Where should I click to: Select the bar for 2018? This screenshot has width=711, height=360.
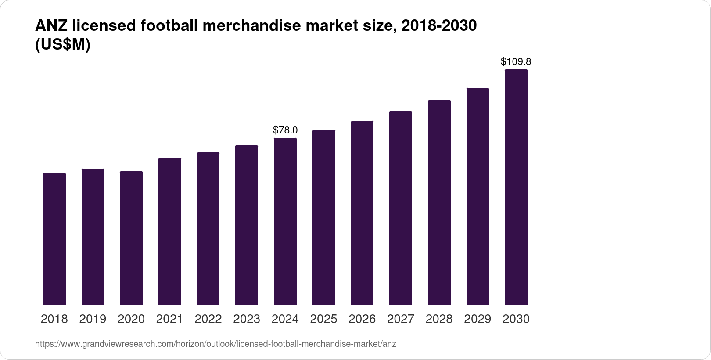click(54, 239)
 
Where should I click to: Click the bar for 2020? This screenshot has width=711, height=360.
click(131, 238)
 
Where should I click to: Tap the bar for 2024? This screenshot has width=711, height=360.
click(285, 221)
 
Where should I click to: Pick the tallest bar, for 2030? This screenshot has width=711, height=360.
click(516, 187)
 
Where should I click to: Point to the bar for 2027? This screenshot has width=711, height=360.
click(401, 208)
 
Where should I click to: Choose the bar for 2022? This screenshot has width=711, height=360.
click(208, 228)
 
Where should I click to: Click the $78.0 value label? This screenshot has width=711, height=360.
click(285, 130)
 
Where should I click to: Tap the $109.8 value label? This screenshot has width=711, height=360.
click(516, 62)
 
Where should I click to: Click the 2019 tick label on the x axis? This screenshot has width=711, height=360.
click(93, 319)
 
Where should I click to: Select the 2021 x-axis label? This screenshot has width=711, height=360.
click(170, 319)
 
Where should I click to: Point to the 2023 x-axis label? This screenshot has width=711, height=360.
click(247, 319)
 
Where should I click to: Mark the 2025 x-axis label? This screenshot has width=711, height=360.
click(324, 319)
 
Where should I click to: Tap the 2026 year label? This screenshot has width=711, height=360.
click(362, 319)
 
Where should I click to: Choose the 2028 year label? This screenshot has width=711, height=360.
click(439, 319)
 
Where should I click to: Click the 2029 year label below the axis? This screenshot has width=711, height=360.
click(478, 319)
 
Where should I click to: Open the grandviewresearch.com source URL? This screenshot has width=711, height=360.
click(215, 344)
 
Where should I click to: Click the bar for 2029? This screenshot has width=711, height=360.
click(478, 196)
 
